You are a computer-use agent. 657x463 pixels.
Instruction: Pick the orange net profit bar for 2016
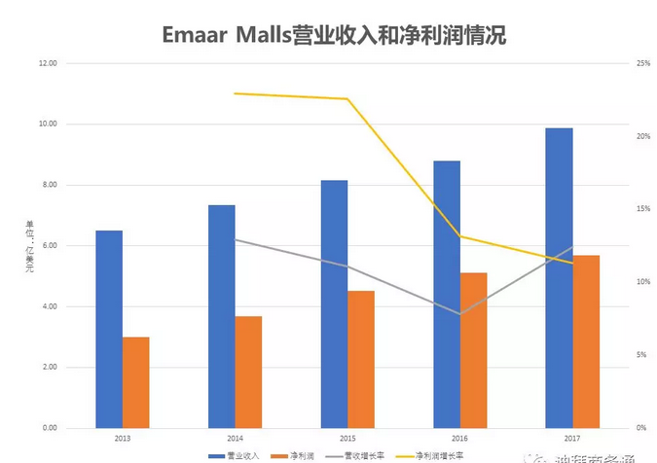point(474,350)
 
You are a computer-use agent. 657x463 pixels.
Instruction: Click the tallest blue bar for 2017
point(559,277)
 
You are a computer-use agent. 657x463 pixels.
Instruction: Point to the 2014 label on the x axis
point(235,438)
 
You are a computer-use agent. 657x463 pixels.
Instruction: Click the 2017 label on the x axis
point(572,438)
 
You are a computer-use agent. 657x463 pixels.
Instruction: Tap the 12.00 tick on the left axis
point(47,63)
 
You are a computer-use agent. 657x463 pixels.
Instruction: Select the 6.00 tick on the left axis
point(49,245)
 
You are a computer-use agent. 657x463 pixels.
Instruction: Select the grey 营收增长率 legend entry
point(364,455)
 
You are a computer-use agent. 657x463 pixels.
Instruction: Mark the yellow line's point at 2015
point(347,98)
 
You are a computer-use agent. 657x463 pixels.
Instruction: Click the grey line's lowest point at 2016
point(460,314)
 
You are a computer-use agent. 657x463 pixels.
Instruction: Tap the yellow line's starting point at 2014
point(235,93)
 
